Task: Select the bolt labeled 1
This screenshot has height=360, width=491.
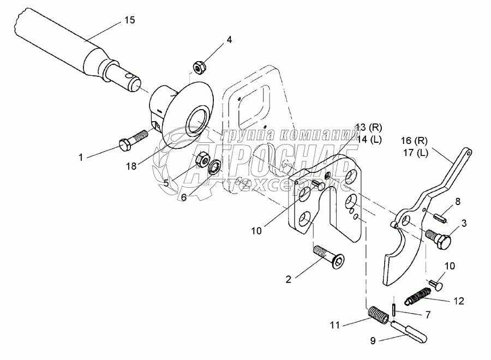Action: (x=132, y=140)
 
